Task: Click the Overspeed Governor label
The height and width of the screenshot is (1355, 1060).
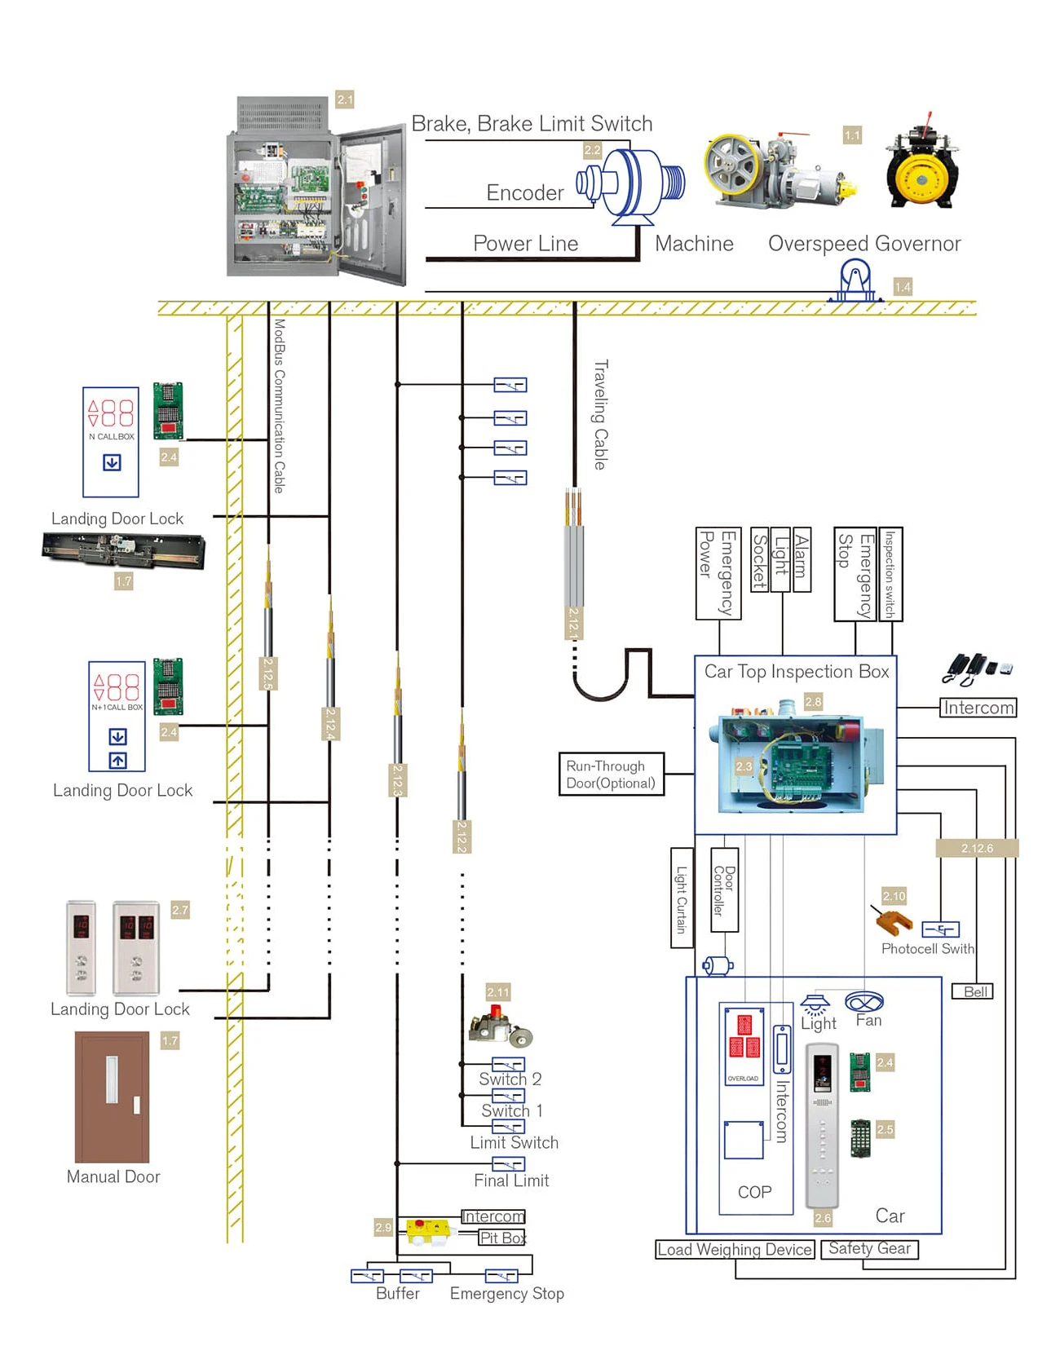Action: click(x=864, y=244)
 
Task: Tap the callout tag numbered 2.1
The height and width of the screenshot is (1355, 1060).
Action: click(x=345, y=99)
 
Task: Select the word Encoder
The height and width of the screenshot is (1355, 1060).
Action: click(x=525, y=193)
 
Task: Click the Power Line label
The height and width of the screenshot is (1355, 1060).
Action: click(x=525, y=244)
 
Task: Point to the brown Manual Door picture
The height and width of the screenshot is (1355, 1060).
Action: click(x=113, y=1097)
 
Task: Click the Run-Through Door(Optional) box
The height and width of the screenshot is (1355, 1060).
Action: click(x=611, y=775)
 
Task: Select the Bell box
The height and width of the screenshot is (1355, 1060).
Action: click(x=973, y=992)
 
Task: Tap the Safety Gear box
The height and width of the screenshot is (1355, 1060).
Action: click(x=869, y=1249)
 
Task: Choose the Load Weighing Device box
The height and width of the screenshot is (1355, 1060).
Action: click(x=735, y=1250)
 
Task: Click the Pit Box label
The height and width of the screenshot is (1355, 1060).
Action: click(x=502, y=1238)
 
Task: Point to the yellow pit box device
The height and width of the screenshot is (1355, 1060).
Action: click(x=429, y=1229)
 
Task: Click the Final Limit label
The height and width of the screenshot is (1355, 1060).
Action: click(x=511, y=1181)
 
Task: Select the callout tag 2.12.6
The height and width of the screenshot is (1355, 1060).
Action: click(x=977, y=848)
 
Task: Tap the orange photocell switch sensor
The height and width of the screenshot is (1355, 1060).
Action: click(x=894, y=922)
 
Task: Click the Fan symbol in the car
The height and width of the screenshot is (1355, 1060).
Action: click(x=864, y=1001)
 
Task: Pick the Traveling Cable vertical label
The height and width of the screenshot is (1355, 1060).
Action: click(x=600, y=415)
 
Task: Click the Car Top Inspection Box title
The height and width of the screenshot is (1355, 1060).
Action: click(x=797, y=672)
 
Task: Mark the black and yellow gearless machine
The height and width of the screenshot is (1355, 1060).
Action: click(x=922, y=168)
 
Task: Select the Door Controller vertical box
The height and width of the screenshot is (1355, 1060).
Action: click(x=724, y=890)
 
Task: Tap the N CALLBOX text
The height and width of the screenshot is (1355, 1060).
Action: click(x=112, y=437)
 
